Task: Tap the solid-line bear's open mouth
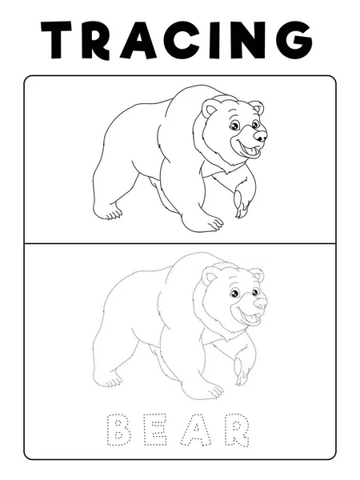tap(252, 150)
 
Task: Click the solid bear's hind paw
tap(109, 213)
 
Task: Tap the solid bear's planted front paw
tap(206, 224)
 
